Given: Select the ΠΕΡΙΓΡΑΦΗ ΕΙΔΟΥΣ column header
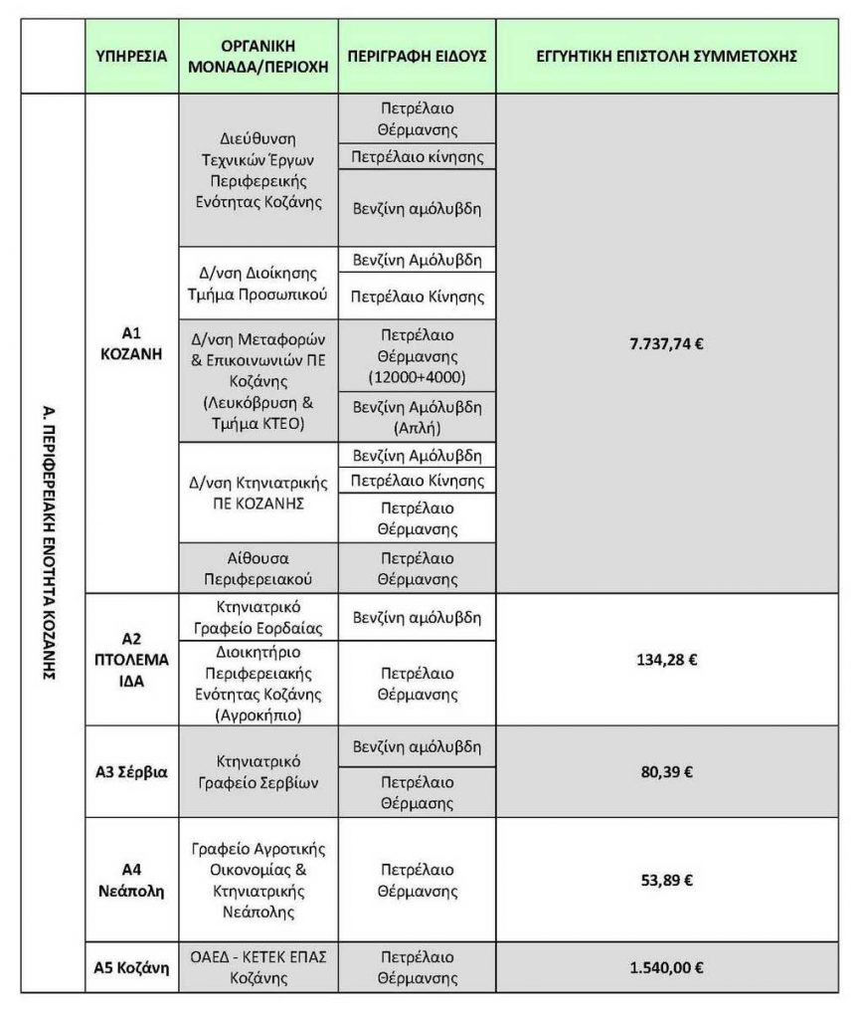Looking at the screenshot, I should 417,57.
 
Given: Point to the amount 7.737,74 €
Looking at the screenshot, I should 667,344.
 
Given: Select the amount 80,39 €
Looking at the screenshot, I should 667,771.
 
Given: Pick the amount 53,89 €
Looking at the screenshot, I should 667,879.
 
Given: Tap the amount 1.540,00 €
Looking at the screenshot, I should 667,965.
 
